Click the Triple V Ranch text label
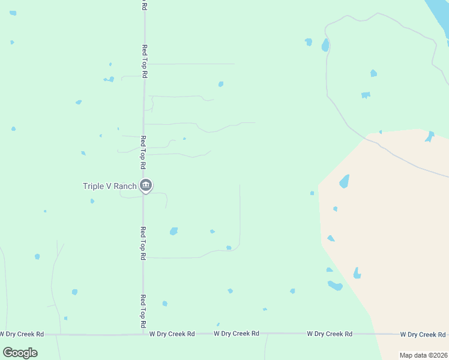pyautogui.click(x=109, y=186)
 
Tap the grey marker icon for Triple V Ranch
pyautogui.click(x=145, y=186)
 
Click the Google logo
pyautogui.click(x=20, y=353)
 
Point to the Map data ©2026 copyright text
pyautogui.click(x=423, y=355)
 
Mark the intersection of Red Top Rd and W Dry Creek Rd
pyautogui.click(x=143, y=334)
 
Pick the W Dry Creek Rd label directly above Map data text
pyautogui.click(x=423, y=334)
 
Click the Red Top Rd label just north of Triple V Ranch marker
pyautogui.click(x=143, y=151)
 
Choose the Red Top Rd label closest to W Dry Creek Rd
pyautogui.click(x=143, y=307)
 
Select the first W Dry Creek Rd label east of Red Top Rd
pyautogui.click(x=172, y=334)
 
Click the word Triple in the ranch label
pyautogui.click(x=93, y=186)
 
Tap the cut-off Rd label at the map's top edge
pyautogui.click(x=143, y=5)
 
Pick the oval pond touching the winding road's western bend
pyautogui.click(x=325, y=45)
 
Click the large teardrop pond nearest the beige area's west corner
pyautogui.click(x=345, y=181)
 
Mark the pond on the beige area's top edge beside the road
pyautogui.click(x=429, y=136)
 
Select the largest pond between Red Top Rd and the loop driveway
pyautogui.click(x=173, y=231)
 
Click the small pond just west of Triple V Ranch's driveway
pyautogui.click(x=92, y=201)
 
